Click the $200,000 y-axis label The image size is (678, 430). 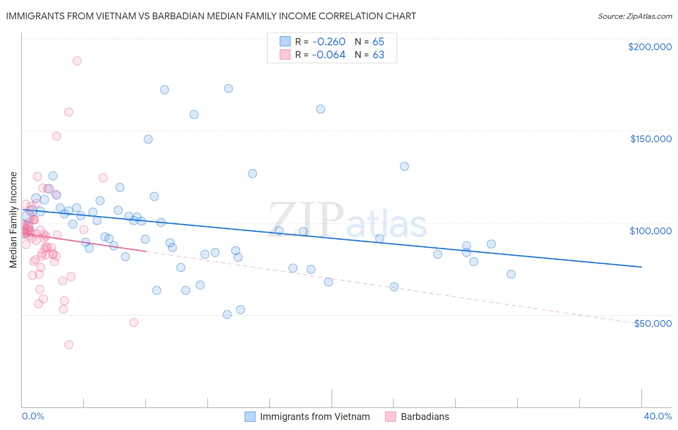(650, 47)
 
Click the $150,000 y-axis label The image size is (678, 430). (651, 139)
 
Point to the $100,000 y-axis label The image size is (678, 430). (651, 231)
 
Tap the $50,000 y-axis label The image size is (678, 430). (652, 323)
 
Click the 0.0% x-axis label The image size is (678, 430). (33, 416)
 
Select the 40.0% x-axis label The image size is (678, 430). (657, 416)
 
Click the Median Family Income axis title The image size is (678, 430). (14, 219)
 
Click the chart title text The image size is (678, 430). (211, 16)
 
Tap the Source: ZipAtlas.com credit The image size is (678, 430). (635, 16)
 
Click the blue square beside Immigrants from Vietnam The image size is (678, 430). (250, 417)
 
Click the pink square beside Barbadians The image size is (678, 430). (391, 417)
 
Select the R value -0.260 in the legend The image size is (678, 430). (328, 41)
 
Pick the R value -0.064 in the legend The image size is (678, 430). (328, 55)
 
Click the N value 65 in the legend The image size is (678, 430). (378, 41)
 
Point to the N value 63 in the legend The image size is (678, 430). (378, 55)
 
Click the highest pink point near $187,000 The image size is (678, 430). (77, 61)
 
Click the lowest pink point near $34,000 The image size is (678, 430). (68, 345)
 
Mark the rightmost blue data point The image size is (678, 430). (511, 274)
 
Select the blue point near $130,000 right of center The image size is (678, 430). (404, 166)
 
